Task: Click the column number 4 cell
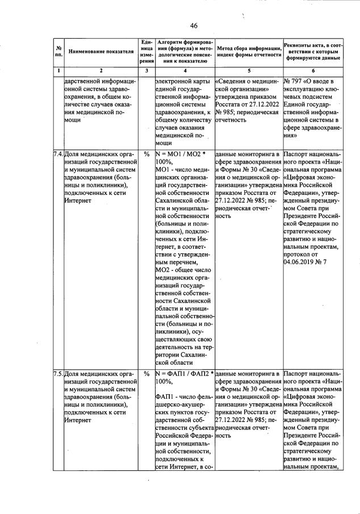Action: [x=185, y=70]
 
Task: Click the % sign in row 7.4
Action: [x=146, y=154]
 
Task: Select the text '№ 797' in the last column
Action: [x=294, y=81]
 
